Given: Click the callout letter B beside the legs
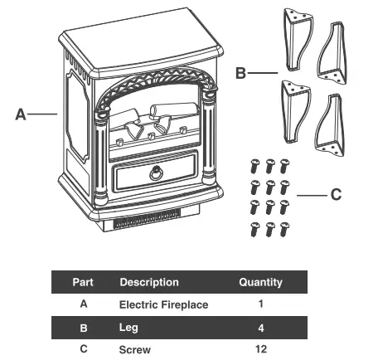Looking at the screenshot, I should pyautogui.click(x=240, y=74).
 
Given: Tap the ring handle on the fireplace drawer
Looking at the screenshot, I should pyautogui.click(x=156, y=173).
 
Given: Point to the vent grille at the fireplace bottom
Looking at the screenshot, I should pyautogui.click(x=150, y=223).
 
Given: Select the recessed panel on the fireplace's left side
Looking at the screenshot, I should pyautogui.click(x=77, y=116).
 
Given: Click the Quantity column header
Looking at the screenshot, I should pyautogui.click(x=260, y=282).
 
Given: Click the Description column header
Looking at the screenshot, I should pyautogui.click(x=149, y=282).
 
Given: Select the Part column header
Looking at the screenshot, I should pyautogui.click(x=83, y=282).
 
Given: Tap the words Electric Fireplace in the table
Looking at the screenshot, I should pyautogui.click(x=164, y=304).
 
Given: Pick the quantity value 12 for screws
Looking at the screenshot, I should pyautogui.click(x=261, y=349).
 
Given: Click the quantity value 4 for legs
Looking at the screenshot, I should pyautogui.click(x=261, y=328).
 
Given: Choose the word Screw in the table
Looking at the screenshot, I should pyautogui.click(x=135, y=349).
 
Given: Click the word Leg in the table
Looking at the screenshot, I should pyautogui.click(x=128, y=328).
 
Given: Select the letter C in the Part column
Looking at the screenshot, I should pyautogui.click(x=83, y=349).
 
